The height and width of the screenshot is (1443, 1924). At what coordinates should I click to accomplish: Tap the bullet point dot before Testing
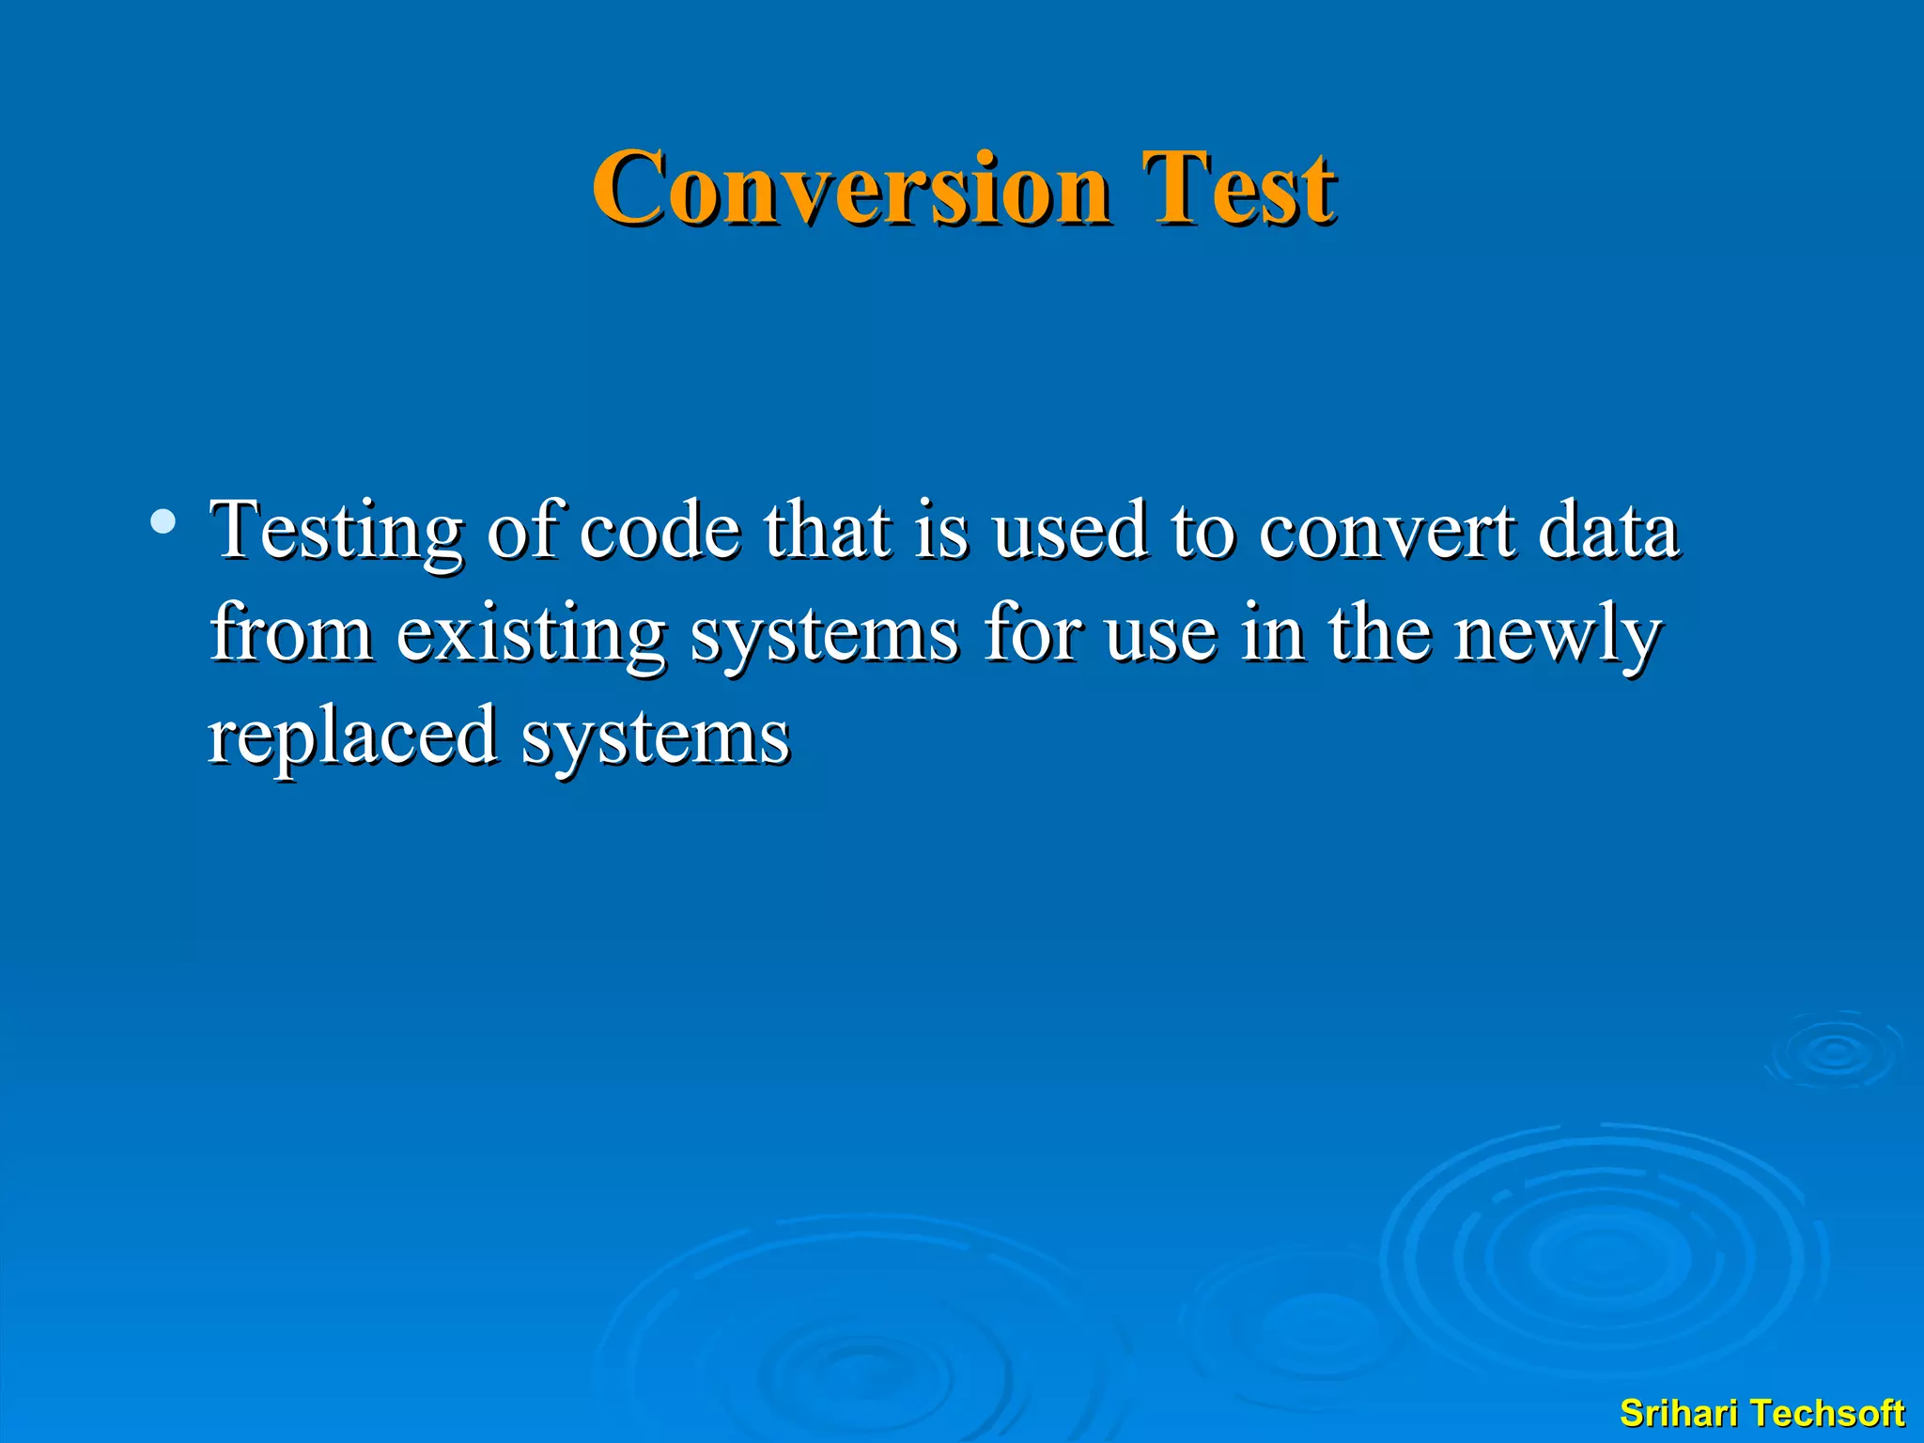coord(163,521)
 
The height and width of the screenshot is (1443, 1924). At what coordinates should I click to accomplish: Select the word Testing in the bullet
coord(336,532)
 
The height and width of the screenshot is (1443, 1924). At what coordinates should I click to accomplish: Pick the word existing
coord(531,634)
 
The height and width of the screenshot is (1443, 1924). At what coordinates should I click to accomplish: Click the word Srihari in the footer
coord(1681,1413)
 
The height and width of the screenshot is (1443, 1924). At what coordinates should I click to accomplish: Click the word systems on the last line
coord(656,737)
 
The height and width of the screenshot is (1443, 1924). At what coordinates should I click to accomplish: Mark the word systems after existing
coord(825,634)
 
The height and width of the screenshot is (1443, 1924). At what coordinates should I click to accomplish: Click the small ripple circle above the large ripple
coord(1835,1052)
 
